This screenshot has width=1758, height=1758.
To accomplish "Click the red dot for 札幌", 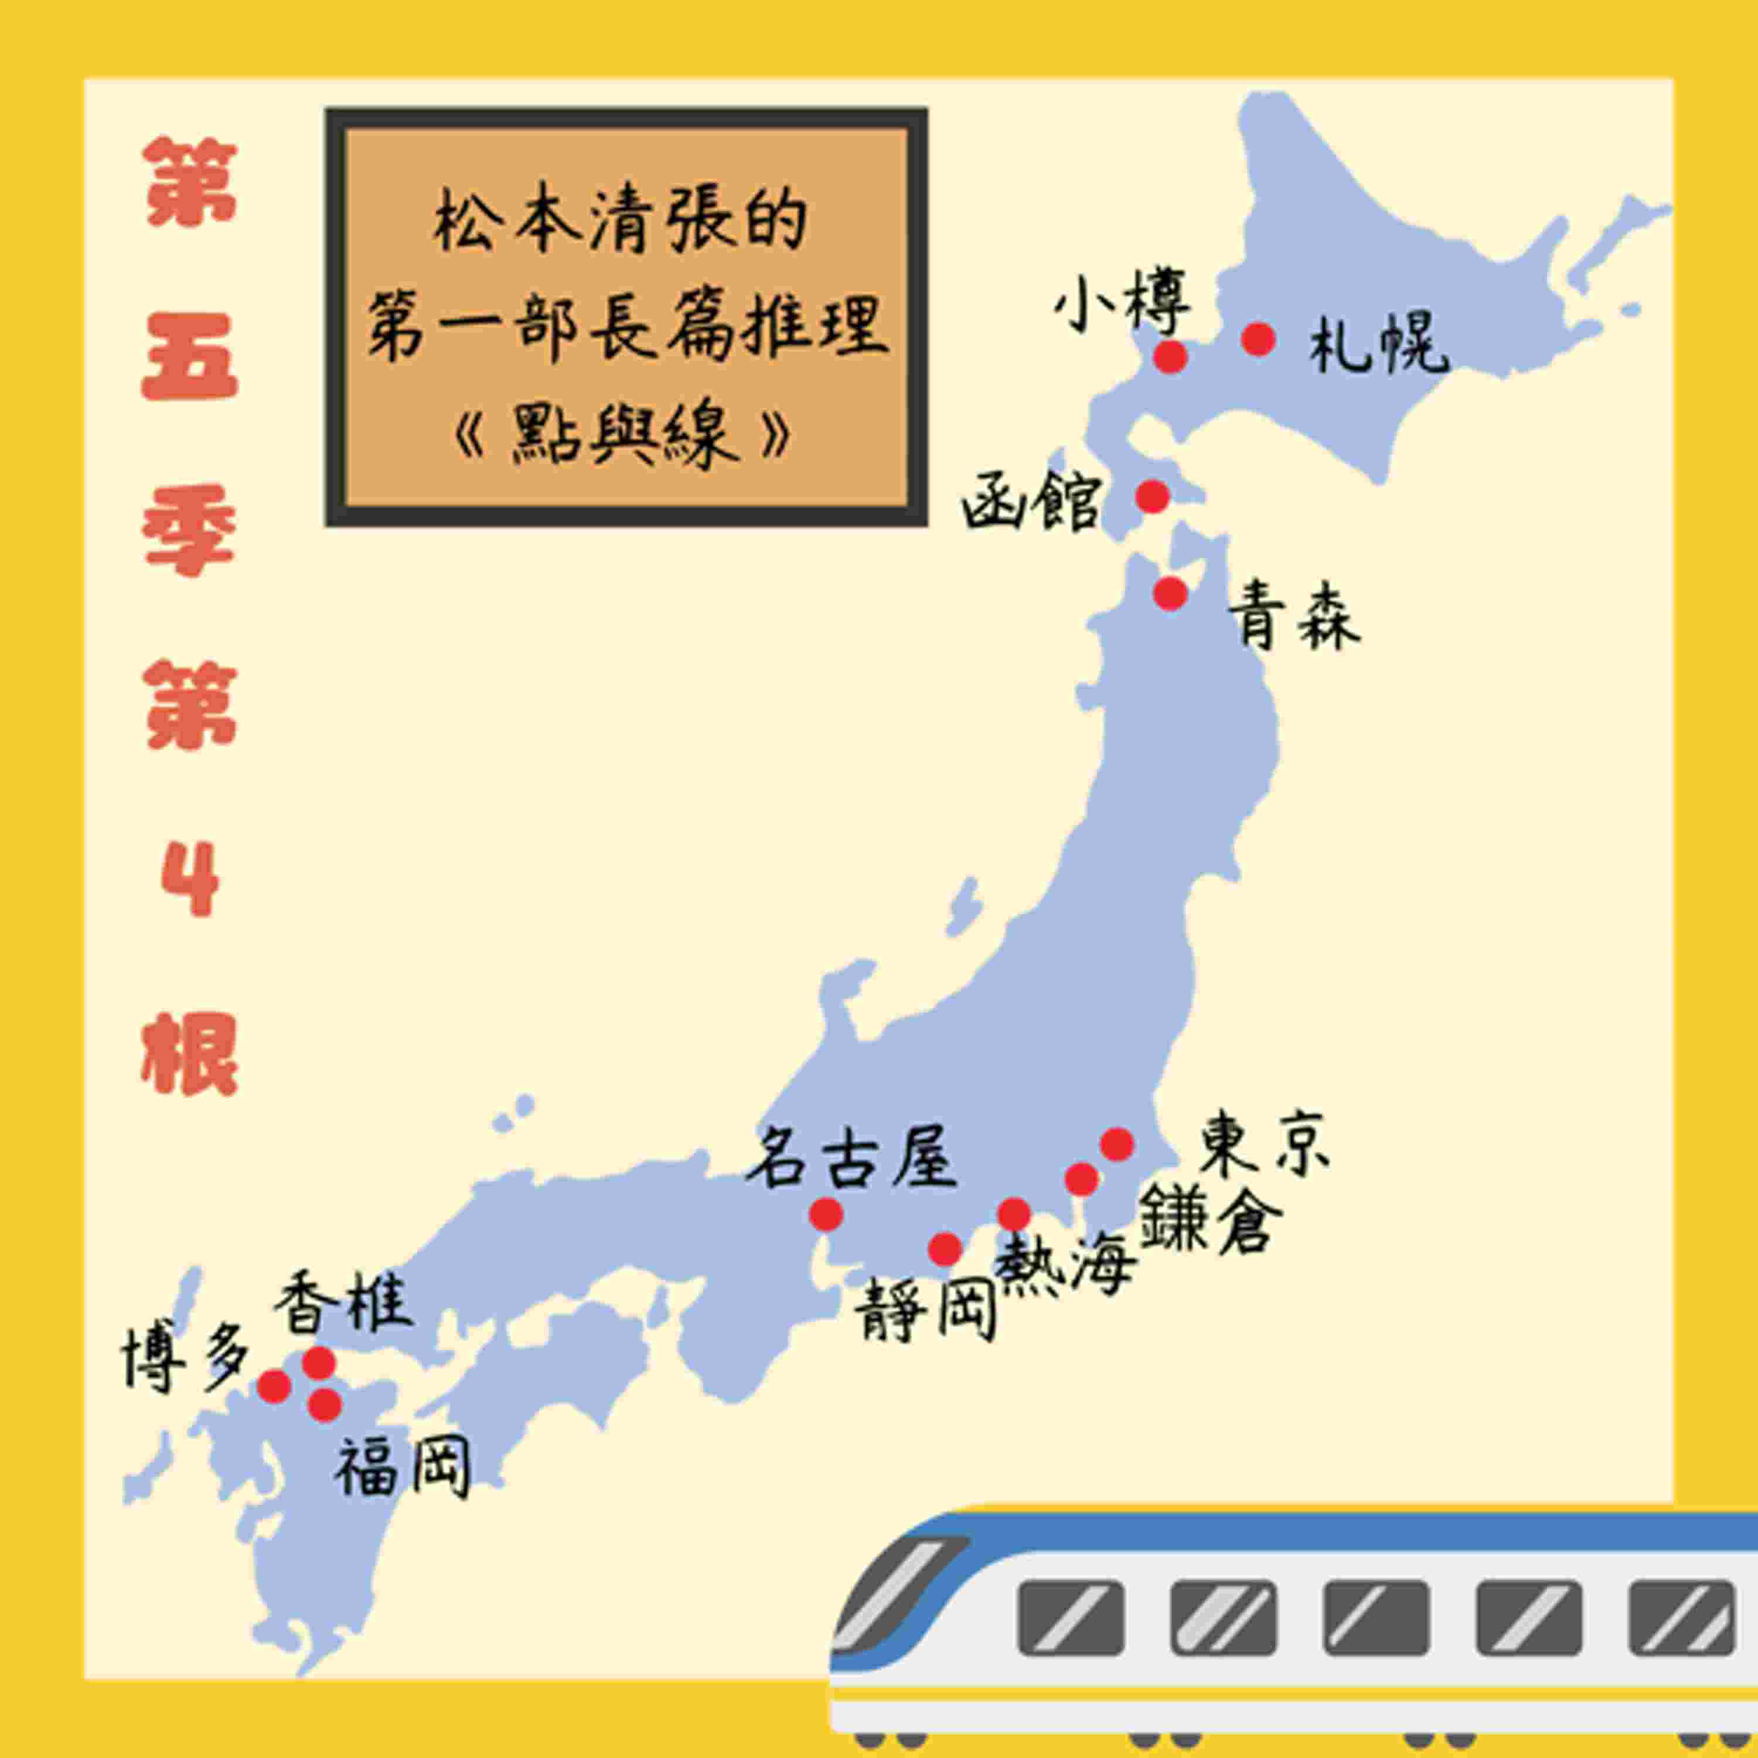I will pyautogui.click(x=1259, y=339).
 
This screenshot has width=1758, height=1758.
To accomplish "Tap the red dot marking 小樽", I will pyautogui.click(x=1170, y=357).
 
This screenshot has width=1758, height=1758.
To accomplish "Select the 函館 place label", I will pyautogui.click(x=1031, y=500).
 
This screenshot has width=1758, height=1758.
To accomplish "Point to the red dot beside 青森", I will pyautogui.click(x=1170, y=593).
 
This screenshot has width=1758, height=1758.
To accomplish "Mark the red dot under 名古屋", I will pyautogui.click(x=826, y=1214).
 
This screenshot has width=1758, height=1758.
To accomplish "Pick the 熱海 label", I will pyautogui.click(x=1065, y=1265).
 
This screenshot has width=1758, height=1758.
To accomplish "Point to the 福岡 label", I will pyautogui.click(x=402, y=1467).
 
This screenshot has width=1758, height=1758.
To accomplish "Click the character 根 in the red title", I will pyautogui.click(x=189, y=1055).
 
